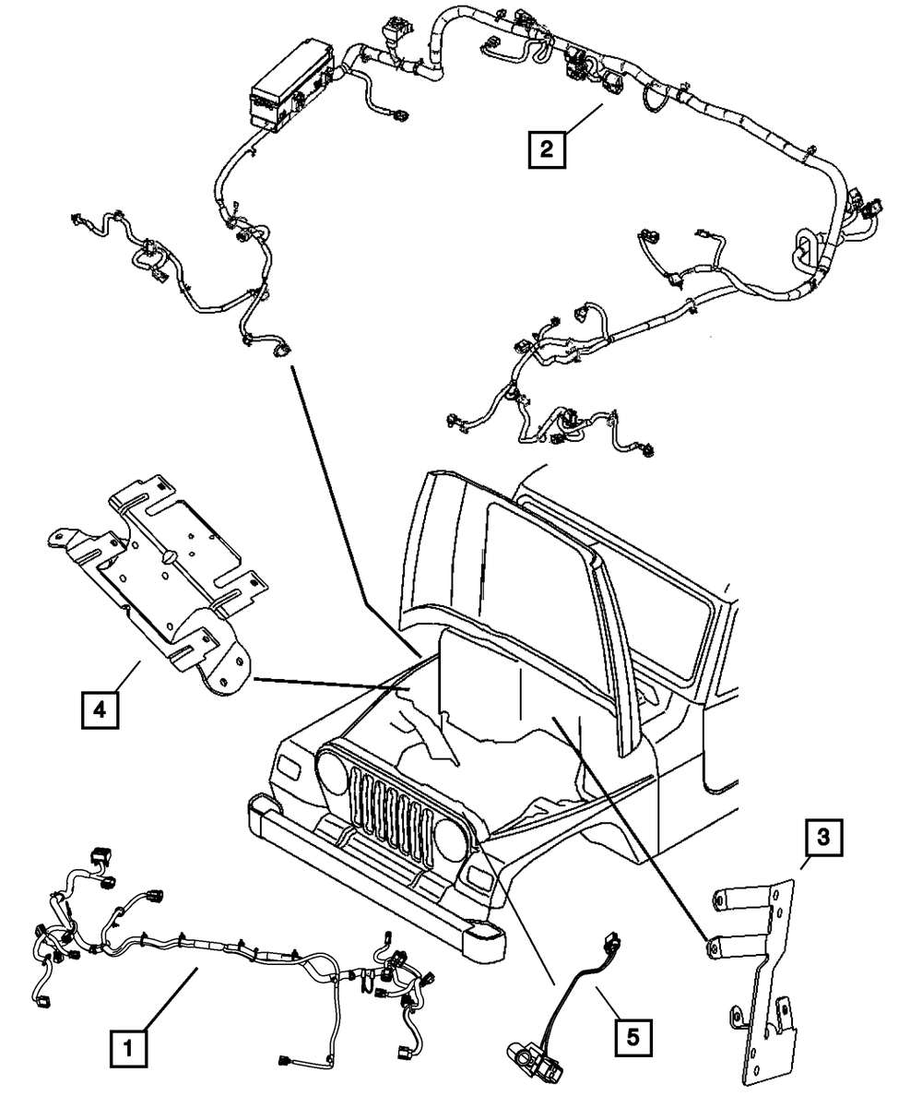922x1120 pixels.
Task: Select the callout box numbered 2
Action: [547, 148]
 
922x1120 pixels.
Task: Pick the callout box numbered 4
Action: [99, 709]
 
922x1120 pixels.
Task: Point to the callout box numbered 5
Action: [632, 1037]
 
